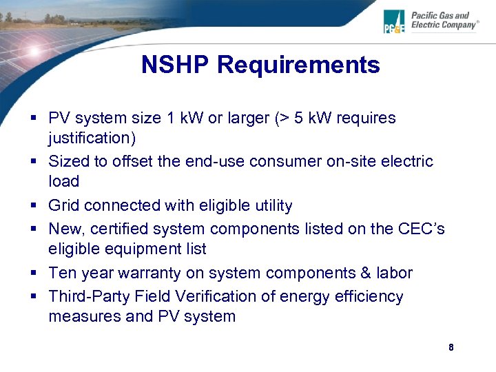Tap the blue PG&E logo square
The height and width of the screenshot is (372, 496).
click(x=394, y=21)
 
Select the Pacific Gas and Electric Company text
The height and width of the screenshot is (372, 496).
click(x=444, y=20)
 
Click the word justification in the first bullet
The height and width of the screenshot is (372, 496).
click(x=92, y=138)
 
